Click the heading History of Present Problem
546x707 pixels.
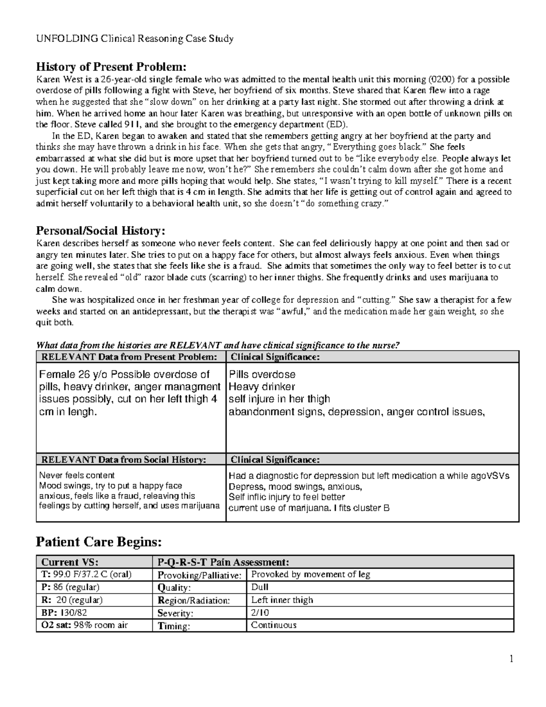(x=111, y=67)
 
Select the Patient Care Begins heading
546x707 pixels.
(x=98, y=542)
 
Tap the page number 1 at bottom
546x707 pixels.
(x=511, y=659)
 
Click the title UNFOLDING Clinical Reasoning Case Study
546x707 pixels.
(x=135, y=39)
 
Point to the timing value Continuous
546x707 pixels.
(x=274, y=625)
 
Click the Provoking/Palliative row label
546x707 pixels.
(x=199, y=575)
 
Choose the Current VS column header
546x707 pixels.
(x=69, y=562)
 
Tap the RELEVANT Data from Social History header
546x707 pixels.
(x=123, y=459)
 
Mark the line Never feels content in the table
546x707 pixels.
(x=71, y=475)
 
